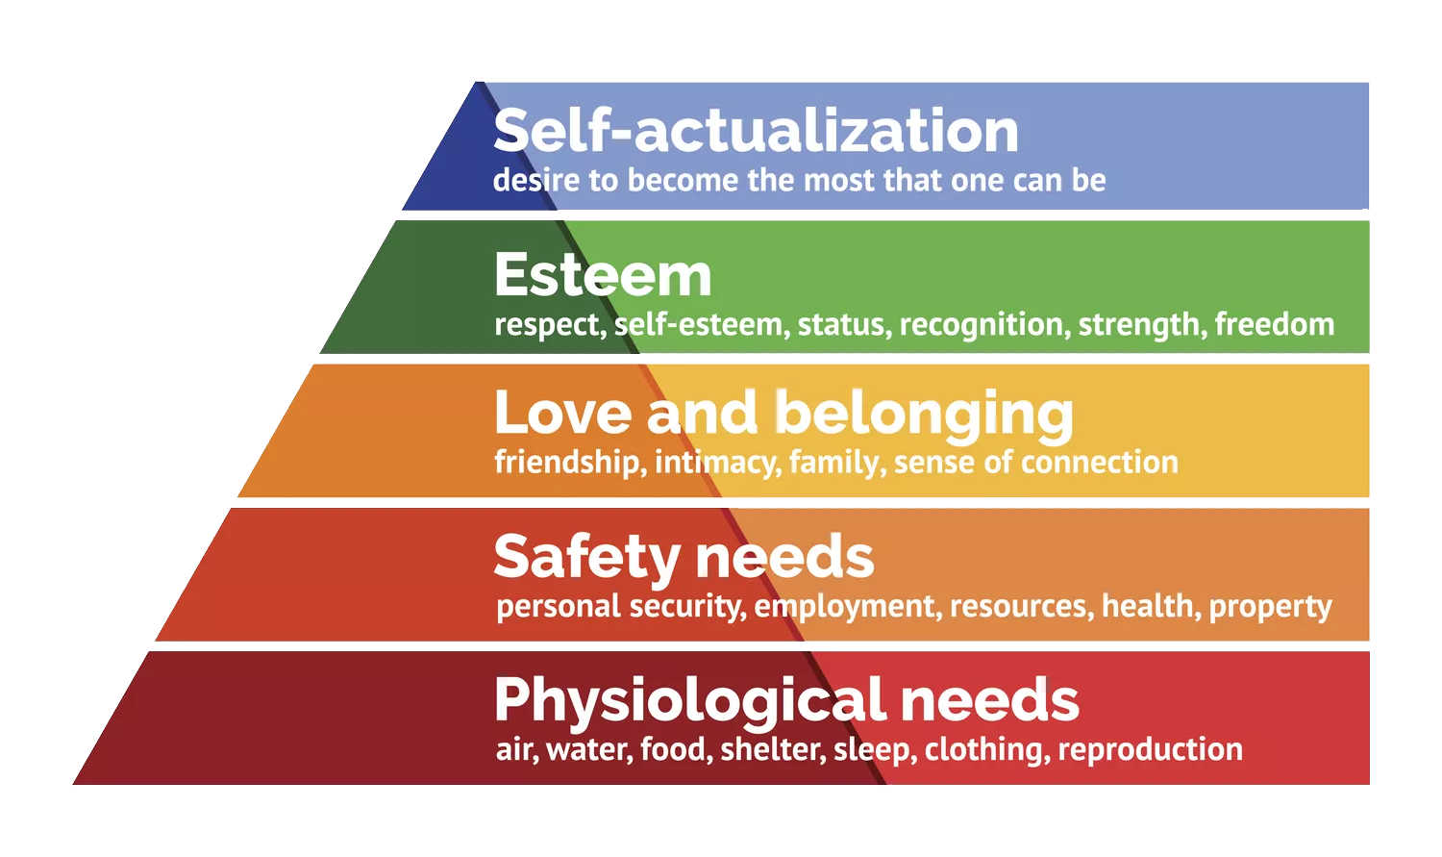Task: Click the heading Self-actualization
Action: [756, 130]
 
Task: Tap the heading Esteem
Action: [603, 274]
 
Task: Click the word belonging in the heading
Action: [925, 416]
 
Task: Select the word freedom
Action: [1275, 324]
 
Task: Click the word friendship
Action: [570, 463]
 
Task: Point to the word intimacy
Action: [718, 463]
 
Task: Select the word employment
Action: [848, 607]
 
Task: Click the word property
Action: [1270, 607]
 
